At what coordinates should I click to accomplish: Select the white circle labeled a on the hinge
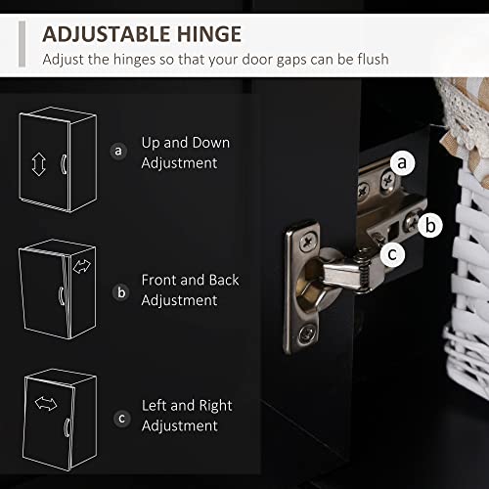(402, 162)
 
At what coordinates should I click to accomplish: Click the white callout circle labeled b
(430, 225)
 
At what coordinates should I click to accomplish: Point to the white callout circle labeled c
(392, 254)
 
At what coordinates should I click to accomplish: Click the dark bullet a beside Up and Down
(118, 151)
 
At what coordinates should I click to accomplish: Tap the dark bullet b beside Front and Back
(121, 292)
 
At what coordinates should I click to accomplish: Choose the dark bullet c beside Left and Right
(122, 419)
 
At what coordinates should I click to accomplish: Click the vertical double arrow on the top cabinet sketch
(39, 164)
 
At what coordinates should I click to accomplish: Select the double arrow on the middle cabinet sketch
(82, 266)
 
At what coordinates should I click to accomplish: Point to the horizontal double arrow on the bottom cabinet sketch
(46, 403)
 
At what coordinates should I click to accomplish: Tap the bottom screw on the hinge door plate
(306, 333)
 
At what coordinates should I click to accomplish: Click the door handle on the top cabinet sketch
(64, 164)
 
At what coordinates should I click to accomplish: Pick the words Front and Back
(191, 280)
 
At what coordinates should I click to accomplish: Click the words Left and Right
(187, 406)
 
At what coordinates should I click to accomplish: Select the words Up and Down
(186, 143)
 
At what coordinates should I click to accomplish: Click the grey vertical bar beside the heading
(22, 44)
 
